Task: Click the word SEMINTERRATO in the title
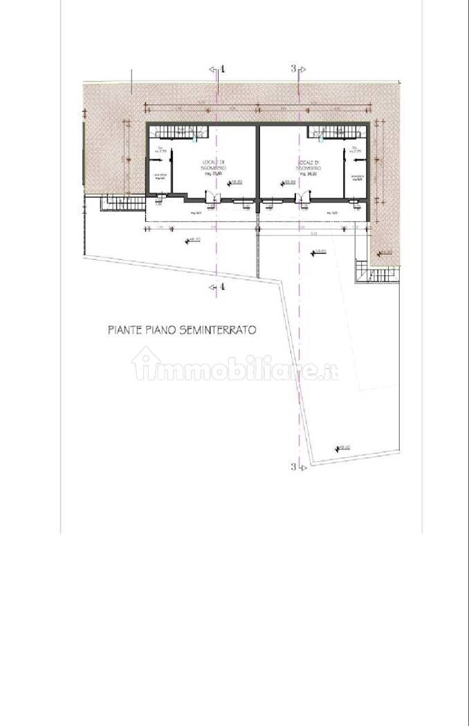pyautogui.click(x=217, y=331)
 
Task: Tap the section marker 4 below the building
pyautogui.click(x=221, y=287)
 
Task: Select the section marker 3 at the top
pyautogui.click(x=295, y=68)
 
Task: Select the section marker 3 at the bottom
pyautogui.click(x=294, y=467)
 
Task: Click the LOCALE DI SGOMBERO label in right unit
pyautogui.click(x=307, y=165)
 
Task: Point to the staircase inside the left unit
pyautogui.click(x=178, y=131)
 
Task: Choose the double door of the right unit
pyautogui.click(x=302, y=201)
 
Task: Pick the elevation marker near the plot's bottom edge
pyautogui.click(x=342, y=448)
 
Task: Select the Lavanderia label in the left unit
pyautogui.click(x=160, y=177)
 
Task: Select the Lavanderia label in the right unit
pyautogui.click(x=357, y=177)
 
